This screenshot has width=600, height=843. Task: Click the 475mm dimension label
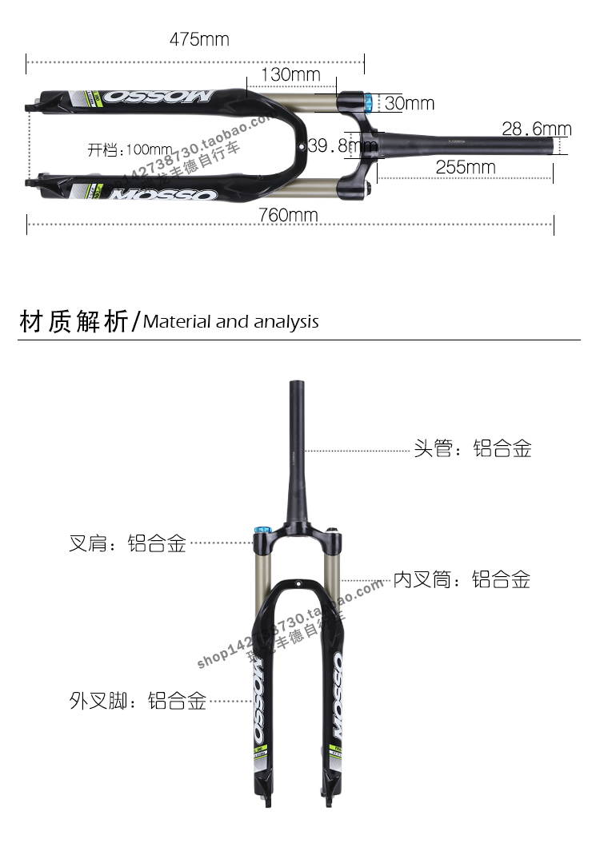coord(198,39)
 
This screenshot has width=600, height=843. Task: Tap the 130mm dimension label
coord(290,75)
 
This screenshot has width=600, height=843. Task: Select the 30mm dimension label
coord(409,103)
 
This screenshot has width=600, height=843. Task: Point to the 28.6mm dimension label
coord(536,129)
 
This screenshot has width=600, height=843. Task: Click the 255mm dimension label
coord(465,167)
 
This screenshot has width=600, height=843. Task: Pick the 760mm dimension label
coord(288,215)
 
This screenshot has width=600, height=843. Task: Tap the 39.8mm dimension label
coord(342,145)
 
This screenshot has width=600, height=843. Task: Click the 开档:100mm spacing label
coord(130,149)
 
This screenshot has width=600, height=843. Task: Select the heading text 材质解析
coord(73,321)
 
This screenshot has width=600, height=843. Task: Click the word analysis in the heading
coord(286,323)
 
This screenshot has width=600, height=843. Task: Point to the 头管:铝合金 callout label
coord(472,448)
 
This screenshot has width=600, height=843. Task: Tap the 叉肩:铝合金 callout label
coord(128,544)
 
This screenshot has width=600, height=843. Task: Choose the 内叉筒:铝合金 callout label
coord(462,579)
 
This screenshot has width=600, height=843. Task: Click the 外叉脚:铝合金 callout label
coord(138,701)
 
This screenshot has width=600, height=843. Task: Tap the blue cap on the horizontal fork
coord(368,102)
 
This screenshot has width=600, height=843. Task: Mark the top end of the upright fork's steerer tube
coord(297,384)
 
